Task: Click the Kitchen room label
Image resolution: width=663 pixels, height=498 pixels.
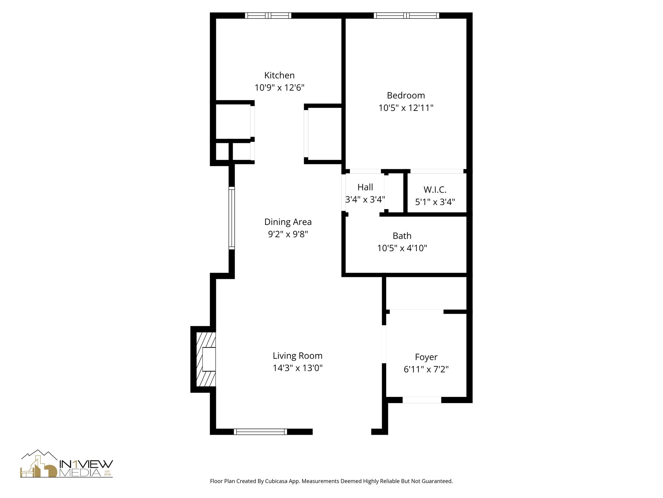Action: [279, 75]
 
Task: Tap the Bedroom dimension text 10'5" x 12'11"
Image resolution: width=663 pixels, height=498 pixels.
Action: [406, 108]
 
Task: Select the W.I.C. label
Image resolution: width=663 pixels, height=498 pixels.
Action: [435, 189]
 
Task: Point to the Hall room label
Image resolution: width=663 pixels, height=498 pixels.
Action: [365, 187]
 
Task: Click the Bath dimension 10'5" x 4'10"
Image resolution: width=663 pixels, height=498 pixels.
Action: [402, 248]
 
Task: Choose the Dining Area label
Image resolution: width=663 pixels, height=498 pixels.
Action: [288, 222]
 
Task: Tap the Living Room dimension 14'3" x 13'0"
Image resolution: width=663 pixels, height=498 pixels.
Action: [298, 368]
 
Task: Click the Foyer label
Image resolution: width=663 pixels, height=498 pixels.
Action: [426, 357]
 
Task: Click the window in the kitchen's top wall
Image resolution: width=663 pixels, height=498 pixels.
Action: [268, 15]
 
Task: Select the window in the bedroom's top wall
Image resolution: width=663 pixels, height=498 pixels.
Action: [406, 15]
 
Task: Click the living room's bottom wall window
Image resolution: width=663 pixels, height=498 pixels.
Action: [260, 432]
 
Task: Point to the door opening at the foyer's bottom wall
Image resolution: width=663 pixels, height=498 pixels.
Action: [421, 400]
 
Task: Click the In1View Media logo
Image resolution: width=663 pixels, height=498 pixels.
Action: [67, 464]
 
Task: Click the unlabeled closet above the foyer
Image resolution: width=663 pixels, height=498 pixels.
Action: [426, 293]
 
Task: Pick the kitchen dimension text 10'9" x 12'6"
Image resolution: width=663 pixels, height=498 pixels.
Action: [279, 88]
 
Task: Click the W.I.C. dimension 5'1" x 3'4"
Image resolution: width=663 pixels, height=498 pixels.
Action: [435, 202]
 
